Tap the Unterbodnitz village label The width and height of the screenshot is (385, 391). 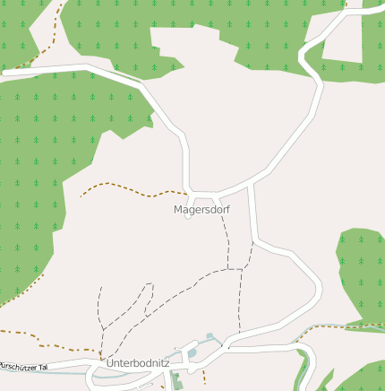[x=138, y=363]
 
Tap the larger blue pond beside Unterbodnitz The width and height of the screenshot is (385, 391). [x=192, y=354]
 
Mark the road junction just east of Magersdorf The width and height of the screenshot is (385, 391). [x=250, y=184]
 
